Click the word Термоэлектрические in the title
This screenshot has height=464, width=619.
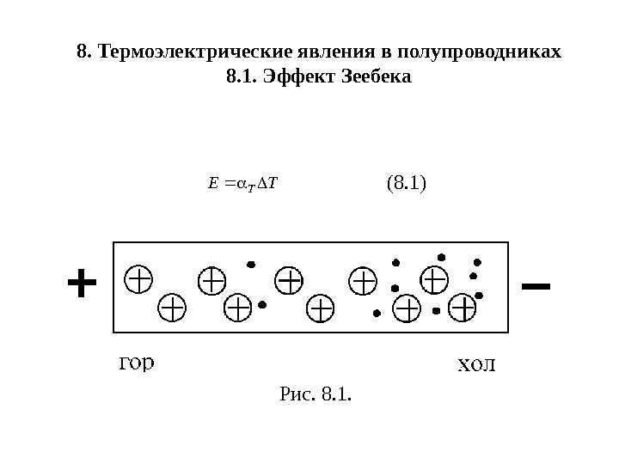tap(181, 52)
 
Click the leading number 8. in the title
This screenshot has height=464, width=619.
tap(84, 52)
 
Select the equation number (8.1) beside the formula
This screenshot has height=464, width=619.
tap(407, 183)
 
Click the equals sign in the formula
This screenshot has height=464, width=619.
tap(228, 183)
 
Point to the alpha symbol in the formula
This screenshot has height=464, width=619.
tap(243, 183)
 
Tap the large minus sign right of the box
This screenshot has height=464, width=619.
tap(536, 283)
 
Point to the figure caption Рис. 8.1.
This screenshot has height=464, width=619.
tap(316, 395)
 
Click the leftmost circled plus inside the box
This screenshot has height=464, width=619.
tap(138, 278)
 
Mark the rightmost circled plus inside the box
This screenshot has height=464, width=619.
tap(462, 308)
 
